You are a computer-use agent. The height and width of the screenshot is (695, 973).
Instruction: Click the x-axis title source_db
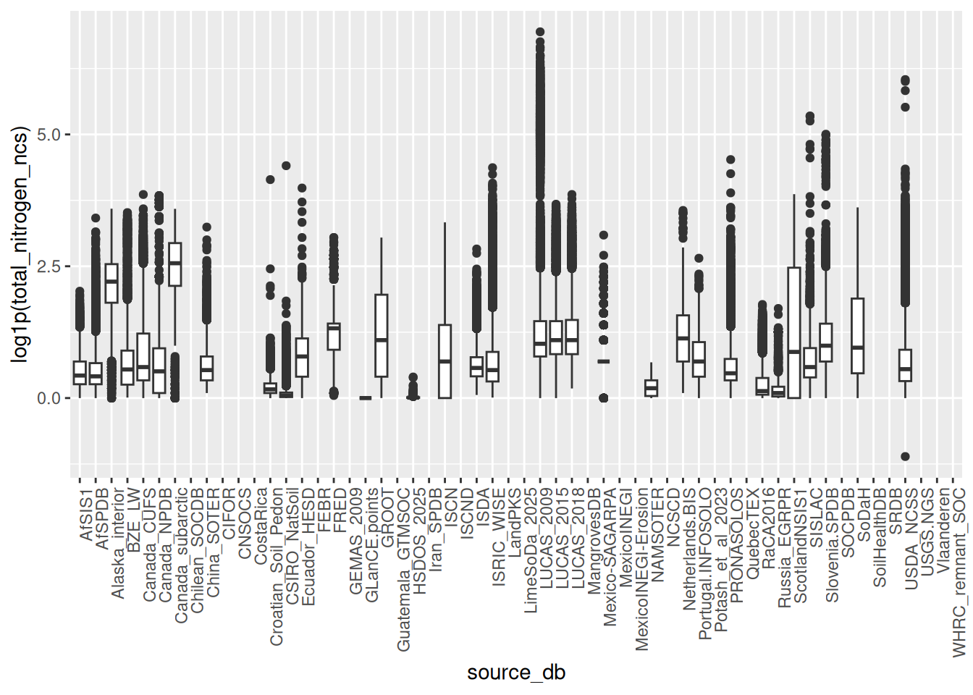515,673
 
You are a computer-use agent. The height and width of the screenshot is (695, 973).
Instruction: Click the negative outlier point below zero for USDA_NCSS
905,457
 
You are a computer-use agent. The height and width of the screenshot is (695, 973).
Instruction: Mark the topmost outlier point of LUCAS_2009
540,33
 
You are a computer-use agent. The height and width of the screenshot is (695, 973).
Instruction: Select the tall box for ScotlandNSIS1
794,333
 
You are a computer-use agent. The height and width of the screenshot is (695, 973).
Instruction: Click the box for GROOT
382,335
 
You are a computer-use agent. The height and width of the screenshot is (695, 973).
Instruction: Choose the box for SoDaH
857,336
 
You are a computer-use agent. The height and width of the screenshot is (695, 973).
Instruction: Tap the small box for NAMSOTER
651,388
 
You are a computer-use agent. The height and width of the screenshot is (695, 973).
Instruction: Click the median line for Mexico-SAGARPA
604,361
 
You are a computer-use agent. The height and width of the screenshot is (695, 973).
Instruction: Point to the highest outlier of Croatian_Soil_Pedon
270,180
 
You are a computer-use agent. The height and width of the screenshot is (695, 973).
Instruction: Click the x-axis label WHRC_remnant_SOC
960,572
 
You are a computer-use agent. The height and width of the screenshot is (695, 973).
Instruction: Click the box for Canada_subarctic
175,264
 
